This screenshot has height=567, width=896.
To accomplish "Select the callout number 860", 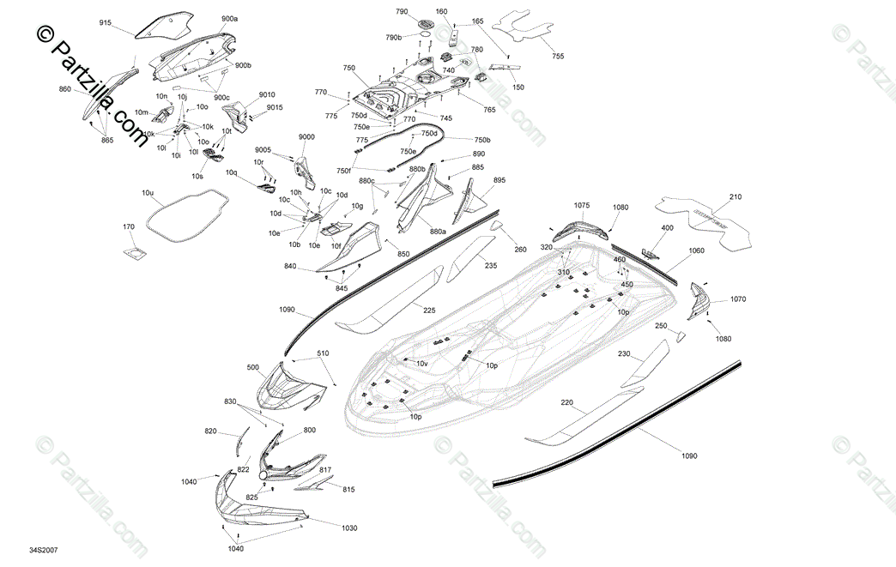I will click(x=65, y=89).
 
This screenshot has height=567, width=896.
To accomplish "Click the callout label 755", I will click(x=558, y=56).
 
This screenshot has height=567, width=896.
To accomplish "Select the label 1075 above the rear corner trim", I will click(x=582, y=206).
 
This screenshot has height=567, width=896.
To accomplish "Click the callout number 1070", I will click(x=739, y=299).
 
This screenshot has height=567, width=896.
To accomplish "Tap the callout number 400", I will click(x=667, y=228).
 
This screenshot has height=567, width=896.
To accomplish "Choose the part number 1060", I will click(x=696, y=251).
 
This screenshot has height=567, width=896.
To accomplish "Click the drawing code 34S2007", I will click(x=43, y=550).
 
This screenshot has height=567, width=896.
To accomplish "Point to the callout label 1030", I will click(x=348, y=528).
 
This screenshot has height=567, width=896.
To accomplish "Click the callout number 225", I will click(x=428, y=311).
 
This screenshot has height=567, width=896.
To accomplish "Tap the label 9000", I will click(x=306, y=137).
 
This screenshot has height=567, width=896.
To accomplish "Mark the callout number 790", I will click(x=402, y=12).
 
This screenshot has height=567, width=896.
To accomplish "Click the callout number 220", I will click(x=567, y=402).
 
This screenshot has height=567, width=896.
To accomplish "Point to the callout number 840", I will click(x=290, y=267).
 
